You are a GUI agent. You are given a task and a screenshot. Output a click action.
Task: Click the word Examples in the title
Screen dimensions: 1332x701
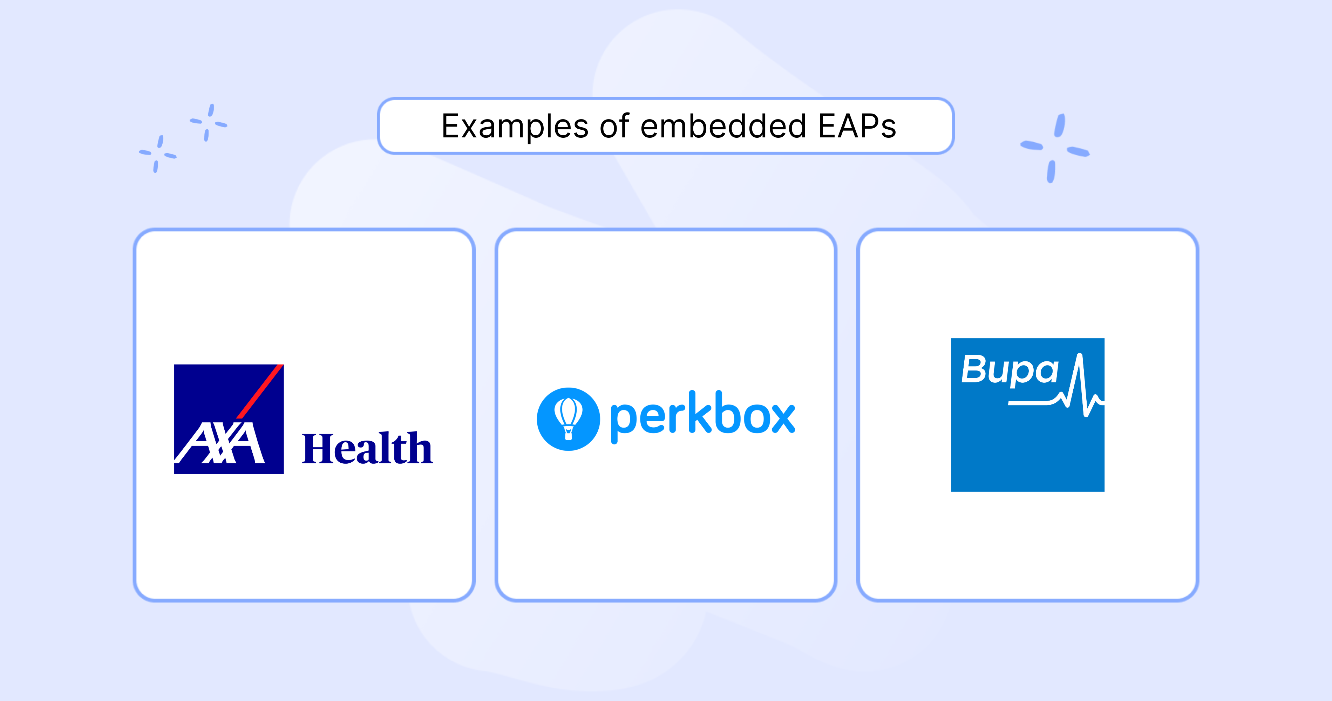[515, 127]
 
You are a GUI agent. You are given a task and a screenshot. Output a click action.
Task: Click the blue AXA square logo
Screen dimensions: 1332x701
[229, 419]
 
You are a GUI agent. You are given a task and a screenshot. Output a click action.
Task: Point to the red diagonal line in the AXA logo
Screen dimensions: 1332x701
[260, 392]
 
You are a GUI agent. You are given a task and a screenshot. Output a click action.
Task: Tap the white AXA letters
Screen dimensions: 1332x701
[220, 443]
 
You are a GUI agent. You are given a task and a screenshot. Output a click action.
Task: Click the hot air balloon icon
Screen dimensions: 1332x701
[568, 419]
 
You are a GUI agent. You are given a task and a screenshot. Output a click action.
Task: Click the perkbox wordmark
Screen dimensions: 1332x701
[703, 417]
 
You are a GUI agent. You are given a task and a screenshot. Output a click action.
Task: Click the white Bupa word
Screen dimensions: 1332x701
[1010, 370]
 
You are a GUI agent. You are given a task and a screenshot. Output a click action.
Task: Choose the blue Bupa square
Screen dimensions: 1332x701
[1027, 415]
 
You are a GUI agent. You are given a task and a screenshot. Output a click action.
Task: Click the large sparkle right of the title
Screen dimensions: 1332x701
[1055, 148]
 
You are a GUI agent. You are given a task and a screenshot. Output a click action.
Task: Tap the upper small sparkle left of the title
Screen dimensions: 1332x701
[208, 123]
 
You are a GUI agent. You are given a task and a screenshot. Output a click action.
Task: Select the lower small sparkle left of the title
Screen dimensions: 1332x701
[158, 154]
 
